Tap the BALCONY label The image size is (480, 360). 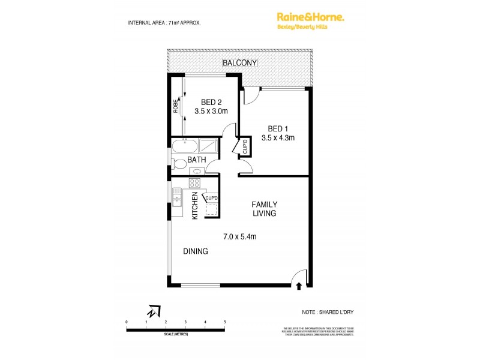(239, 63)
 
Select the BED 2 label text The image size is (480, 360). (212, 101)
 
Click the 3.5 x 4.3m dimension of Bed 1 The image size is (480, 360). (278, 138)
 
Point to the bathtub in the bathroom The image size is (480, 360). (184, 146)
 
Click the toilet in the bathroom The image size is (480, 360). (178, 163)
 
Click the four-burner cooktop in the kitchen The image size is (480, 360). (195, 183)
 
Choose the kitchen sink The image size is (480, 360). (177, 197)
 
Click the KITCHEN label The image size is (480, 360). (195, 206)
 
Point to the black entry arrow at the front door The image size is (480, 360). (298, 287)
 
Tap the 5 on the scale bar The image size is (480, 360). (225, 322)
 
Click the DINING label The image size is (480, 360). (196, 251)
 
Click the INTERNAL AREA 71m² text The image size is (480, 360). (164, 22)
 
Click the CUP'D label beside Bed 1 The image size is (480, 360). (245, 146)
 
